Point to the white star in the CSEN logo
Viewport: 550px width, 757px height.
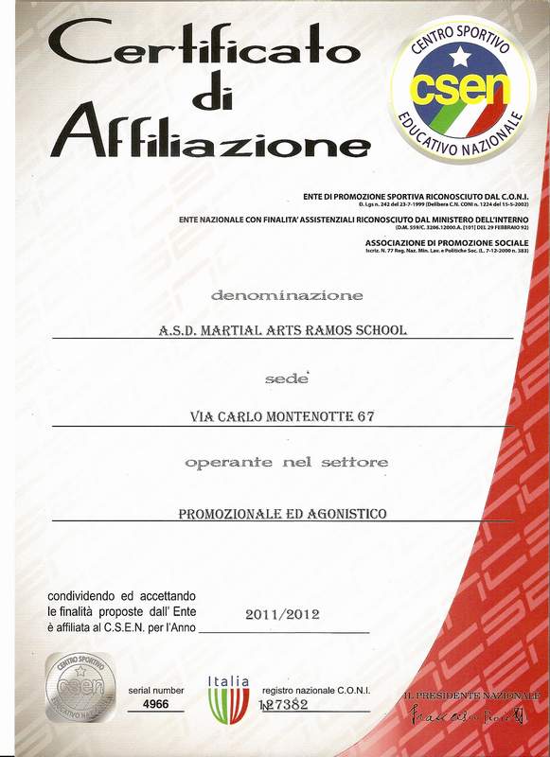[461, 58]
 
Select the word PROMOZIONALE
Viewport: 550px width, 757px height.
[232, 514]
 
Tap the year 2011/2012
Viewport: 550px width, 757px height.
[282, 614]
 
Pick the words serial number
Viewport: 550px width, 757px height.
[156, 691]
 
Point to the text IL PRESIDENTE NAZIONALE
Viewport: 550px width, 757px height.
[470, 695]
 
